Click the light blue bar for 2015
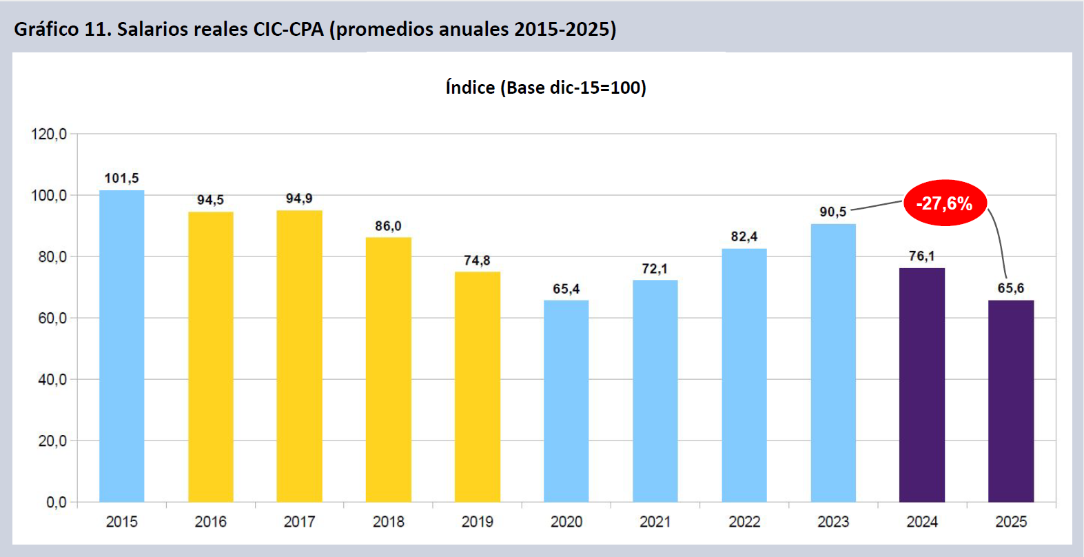122,345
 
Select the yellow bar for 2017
299,355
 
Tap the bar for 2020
566,401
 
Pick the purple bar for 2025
1010,401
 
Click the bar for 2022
744,375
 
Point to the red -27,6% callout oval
944,203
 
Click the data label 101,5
122,179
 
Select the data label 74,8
477,261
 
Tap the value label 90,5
832,212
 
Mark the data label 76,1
921,256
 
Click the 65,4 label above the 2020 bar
566,289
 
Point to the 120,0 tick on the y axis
49,134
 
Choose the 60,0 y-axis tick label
52,318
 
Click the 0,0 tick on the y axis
57,502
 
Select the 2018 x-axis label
389,522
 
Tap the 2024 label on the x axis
922,522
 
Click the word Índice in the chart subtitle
470,88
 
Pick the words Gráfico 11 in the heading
59,29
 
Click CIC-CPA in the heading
288,29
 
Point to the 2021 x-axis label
655,522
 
